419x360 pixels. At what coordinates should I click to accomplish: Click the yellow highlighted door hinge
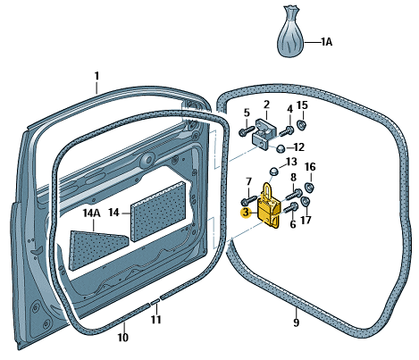click(269, 207)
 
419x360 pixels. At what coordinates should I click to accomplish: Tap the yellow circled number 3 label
click(246, 213)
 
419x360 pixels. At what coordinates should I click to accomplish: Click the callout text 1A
click(327, 42)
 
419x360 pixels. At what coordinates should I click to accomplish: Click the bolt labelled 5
click(247, 130)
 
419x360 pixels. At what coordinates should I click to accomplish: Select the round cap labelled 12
click(281, 147)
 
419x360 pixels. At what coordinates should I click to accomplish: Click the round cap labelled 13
click(273, 172)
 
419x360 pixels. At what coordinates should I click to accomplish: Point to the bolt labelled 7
click(248, 200)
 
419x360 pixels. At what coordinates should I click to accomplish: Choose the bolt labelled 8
click(295, 195)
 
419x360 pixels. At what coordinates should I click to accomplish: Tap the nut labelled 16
click(310, 188)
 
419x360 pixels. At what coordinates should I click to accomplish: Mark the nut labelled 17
click(306, 202)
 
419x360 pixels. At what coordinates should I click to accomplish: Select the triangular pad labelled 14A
click(96, 249)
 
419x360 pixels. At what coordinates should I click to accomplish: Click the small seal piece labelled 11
click(155, 303)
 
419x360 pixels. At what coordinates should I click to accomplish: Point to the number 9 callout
click(296, 322)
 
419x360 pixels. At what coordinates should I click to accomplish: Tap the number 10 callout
click(123, 338)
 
